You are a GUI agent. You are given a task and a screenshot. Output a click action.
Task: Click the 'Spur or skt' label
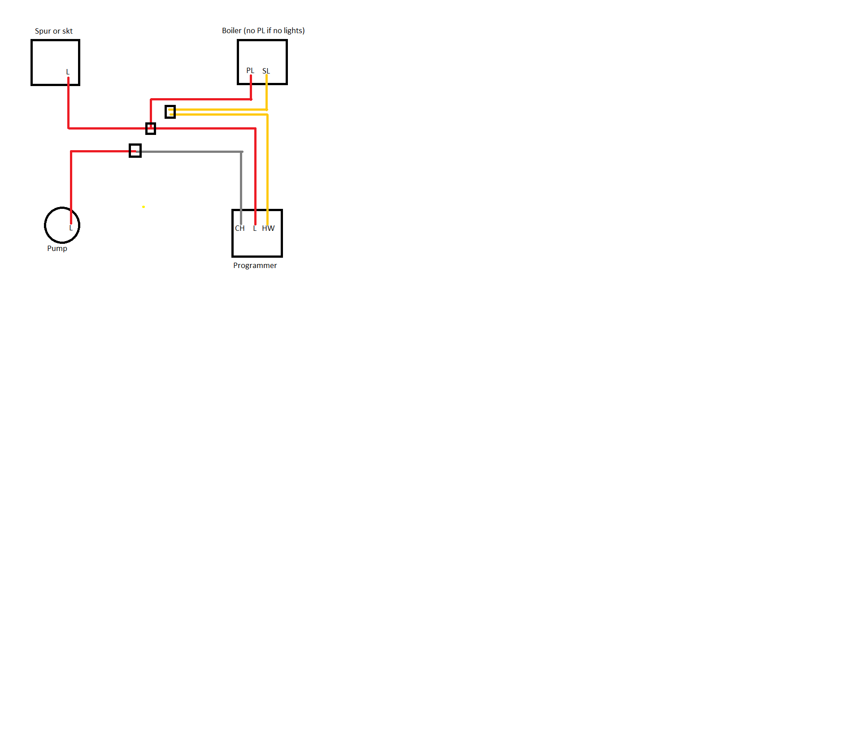click(54, 31)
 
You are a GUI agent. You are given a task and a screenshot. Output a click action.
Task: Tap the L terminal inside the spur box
click(68, 72)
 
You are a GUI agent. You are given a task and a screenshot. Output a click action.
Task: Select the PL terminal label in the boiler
click(250, 70)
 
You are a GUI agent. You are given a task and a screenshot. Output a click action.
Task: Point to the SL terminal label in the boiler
click(266, 71)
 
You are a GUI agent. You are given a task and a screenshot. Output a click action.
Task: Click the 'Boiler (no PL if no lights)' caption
click(263, 30)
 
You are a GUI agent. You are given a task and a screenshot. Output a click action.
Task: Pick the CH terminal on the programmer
click(240, 228)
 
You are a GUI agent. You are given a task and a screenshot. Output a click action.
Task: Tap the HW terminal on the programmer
click(268, 228)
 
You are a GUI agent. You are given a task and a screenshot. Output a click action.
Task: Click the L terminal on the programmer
click(255, 228)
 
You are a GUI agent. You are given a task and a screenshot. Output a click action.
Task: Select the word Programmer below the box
click(255, 265)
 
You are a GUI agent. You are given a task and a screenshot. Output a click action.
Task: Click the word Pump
click(57, 248)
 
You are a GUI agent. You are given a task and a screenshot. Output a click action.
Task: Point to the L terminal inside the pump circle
click(70, 228)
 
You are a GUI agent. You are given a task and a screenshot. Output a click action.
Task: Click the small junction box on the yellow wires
click(170, 112)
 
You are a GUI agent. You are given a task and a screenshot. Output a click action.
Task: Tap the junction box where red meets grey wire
click(135, 151)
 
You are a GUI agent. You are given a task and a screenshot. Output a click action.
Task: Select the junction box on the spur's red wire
click(151, 129)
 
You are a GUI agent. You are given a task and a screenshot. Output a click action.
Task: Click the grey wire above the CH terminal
click(241, 188)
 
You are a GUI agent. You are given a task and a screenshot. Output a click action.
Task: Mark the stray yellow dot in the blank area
click(143, 207)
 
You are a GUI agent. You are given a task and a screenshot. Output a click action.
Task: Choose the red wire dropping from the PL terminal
click(251, 87)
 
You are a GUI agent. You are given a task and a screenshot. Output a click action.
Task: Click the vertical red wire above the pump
click(71, 187)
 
